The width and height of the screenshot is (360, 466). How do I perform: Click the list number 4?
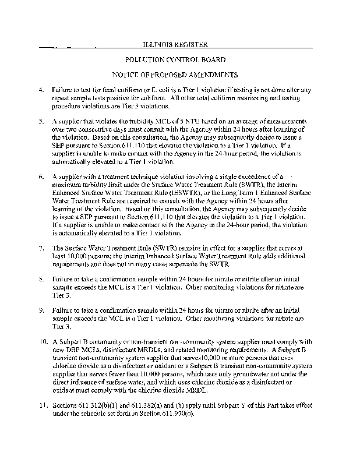(40, 91)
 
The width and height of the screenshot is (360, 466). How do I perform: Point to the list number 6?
(40, 175)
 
